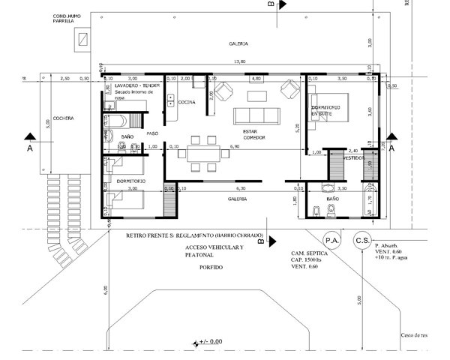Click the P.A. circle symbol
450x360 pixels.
tap(331, 240)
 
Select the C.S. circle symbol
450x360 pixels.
tap(363, 240)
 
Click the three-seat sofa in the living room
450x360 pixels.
tap(256, 116)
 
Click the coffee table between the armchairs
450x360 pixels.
tap(256, 94)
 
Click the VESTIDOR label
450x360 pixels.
tap(354, 159)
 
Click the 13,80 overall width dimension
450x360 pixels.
tap(239, 61)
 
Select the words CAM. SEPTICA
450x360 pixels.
tap(307, 254)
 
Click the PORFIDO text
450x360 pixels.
tap(211, 268)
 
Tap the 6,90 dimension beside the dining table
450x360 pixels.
tap(233, 147)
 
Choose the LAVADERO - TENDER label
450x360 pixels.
tap(129, 86)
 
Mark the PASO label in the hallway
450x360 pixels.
tap(152, 133)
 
